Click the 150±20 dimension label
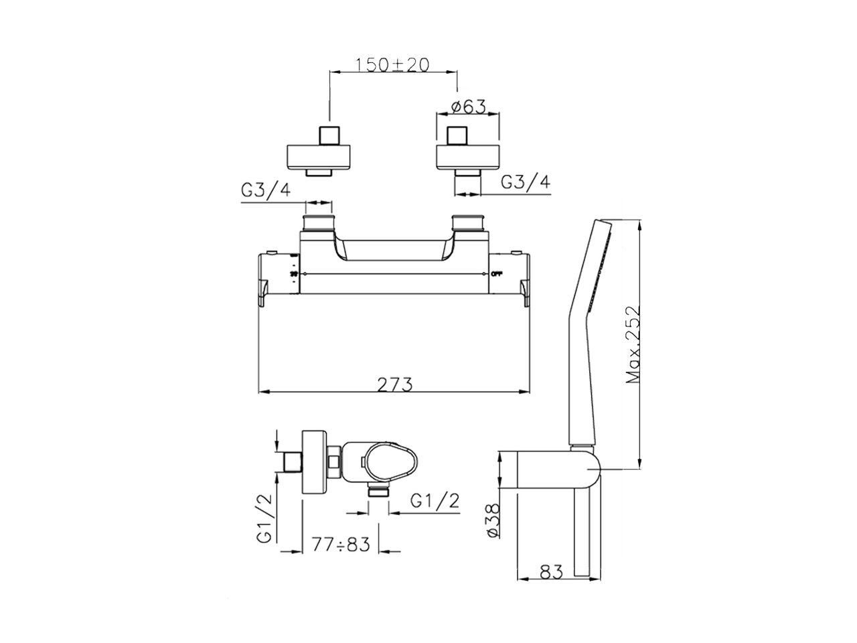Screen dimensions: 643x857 tap(392, 64)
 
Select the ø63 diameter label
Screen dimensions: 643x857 tap(468, 106)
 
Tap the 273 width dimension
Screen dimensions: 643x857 tap(394, 384)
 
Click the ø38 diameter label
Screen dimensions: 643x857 tap(491, 520)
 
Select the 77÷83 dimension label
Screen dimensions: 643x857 tap(341, 545)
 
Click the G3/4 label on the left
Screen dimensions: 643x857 tap(266, 191)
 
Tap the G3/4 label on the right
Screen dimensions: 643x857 tap(526, 182)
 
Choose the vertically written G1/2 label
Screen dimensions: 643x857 tap(265, 518)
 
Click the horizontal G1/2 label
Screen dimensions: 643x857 tap(435, 500)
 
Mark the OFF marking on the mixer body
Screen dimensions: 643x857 tap(497, 274)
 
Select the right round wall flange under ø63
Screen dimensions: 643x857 tap(468, 155)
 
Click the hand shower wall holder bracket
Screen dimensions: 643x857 tap(559, 472)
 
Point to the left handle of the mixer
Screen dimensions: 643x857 tap(278, 278)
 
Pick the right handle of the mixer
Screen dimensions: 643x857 tap(511, 278)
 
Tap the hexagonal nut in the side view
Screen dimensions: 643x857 tap(333, 463)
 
